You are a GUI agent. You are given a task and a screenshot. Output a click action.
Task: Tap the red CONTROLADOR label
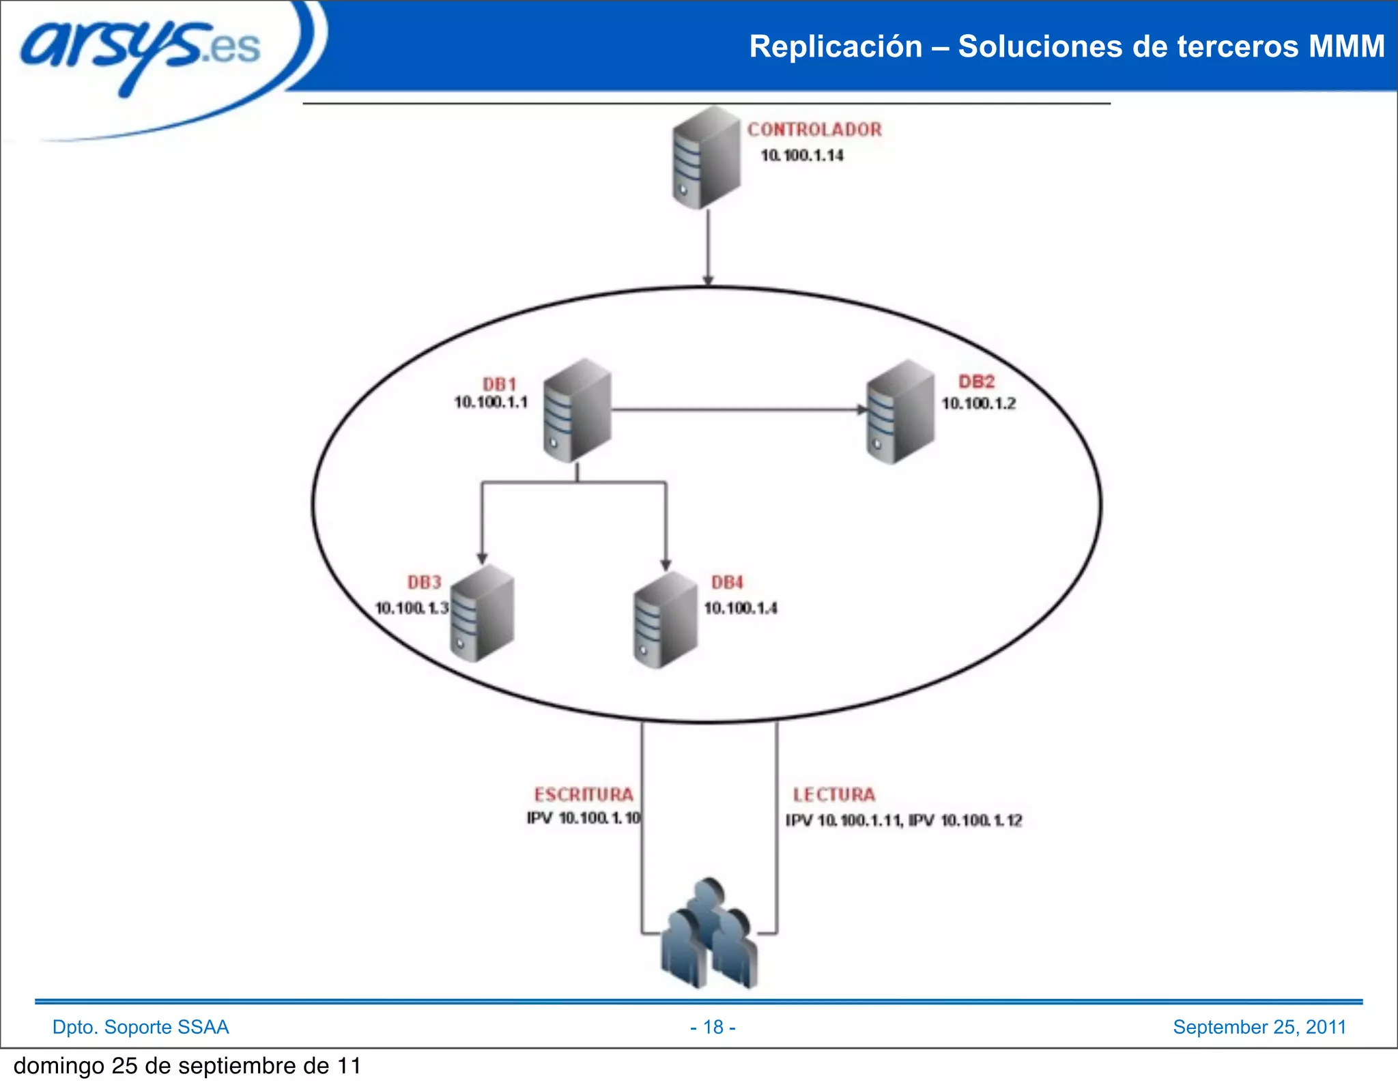point(814,129)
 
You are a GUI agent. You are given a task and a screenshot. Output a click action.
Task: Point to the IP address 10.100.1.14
point(802,156)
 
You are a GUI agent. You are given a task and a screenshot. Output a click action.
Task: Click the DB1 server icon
point(577,411)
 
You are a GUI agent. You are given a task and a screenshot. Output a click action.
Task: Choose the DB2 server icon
point(900,412)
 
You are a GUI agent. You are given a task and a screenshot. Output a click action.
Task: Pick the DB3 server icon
point(482,613)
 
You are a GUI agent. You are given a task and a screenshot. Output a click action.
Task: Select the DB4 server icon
point(666,620)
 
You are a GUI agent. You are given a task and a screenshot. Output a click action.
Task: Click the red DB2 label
point(976,381)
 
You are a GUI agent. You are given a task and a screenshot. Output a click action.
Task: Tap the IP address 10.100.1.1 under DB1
point(491,403)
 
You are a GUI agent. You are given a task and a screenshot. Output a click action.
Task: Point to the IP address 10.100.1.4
point(741,608)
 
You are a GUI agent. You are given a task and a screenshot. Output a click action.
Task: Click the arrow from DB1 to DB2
point(737,410)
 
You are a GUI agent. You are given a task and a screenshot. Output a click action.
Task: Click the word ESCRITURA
point(584,794)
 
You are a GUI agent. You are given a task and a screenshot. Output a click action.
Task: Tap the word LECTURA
point(833,794)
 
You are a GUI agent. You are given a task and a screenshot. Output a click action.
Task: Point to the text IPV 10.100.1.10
point(584,817)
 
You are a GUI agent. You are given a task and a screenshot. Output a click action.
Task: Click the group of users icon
point(709,935)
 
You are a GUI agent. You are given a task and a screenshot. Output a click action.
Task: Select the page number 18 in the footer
point(713,1027)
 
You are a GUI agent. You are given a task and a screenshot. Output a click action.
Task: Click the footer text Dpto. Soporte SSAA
point(141,1027)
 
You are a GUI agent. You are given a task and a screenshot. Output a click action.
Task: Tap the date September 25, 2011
point(1259,1027)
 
